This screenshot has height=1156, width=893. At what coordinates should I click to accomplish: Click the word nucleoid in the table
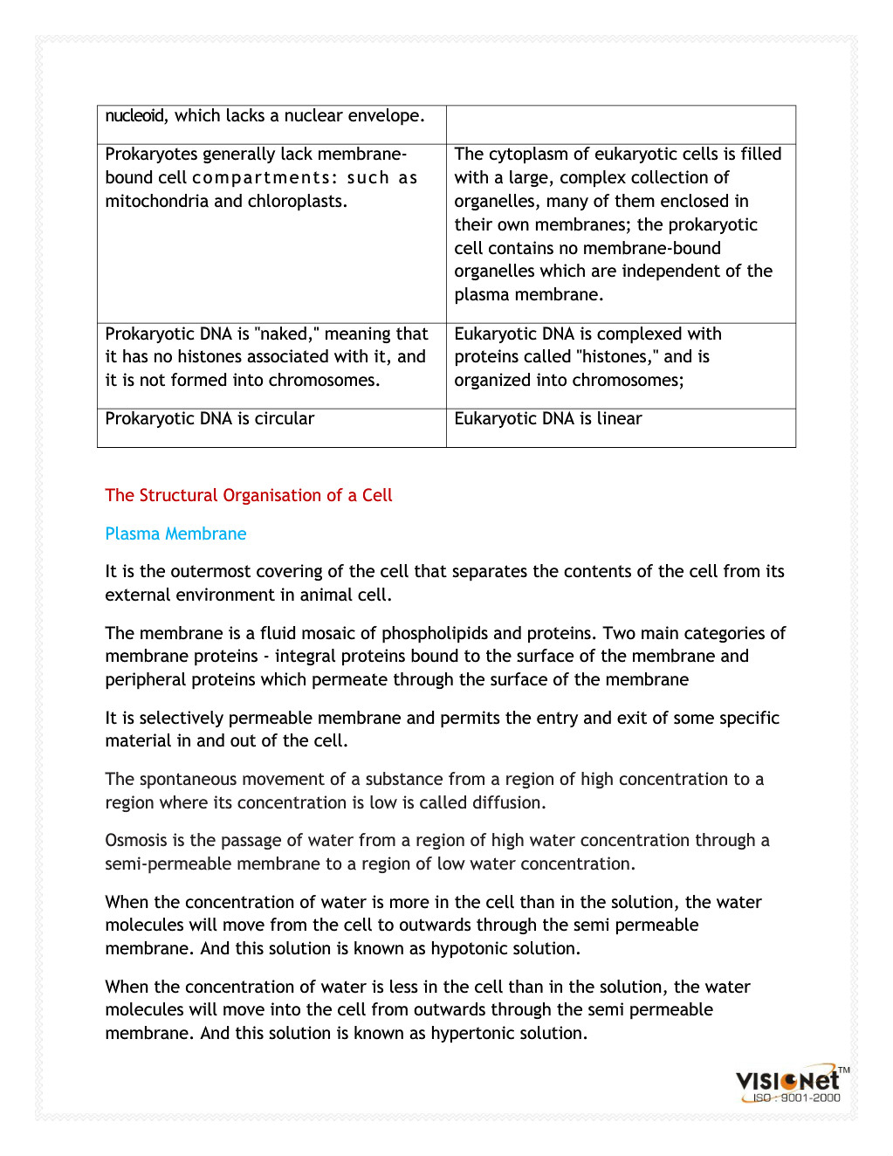point(134,116)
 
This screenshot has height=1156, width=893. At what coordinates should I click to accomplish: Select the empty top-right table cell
point(621,125)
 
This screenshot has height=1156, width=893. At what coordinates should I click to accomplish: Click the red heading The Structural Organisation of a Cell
point(249,496)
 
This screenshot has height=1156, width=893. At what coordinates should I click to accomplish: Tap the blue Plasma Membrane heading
point(175,534)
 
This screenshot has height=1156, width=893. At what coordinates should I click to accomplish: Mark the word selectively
point(181,719)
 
